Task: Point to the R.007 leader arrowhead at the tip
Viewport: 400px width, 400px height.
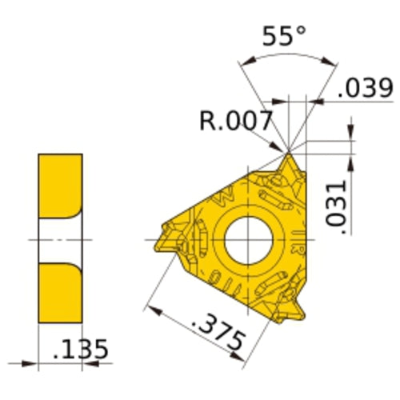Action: [x=284, y=149]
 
